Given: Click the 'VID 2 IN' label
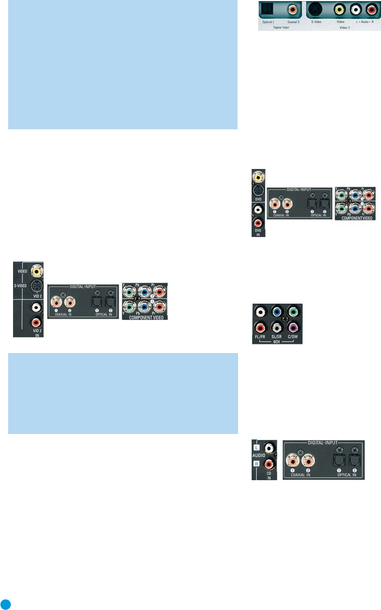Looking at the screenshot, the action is [x=37, y=330].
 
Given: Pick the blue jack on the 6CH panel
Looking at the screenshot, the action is [x=278, y=312].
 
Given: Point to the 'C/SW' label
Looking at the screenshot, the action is [x=293, y=337].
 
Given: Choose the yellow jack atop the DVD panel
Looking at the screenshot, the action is [x=259, y=177].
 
